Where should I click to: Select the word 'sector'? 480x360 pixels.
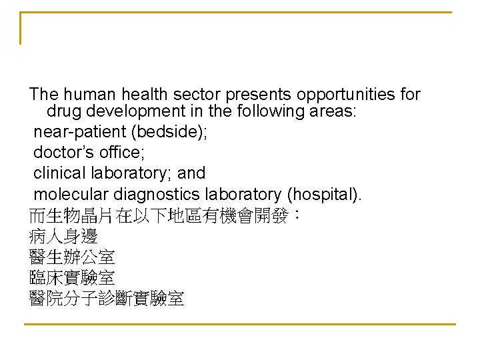(189, 95)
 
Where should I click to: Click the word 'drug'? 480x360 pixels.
(63, 111)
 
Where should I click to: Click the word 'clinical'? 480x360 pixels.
(60, 173)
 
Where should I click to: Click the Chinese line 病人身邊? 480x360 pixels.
(63, 236)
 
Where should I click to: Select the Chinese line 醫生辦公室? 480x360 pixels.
(72, 257)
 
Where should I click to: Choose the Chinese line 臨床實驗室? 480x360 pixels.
(72, 277)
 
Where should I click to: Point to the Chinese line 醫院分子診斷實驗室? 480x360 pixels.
(107, 298)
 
